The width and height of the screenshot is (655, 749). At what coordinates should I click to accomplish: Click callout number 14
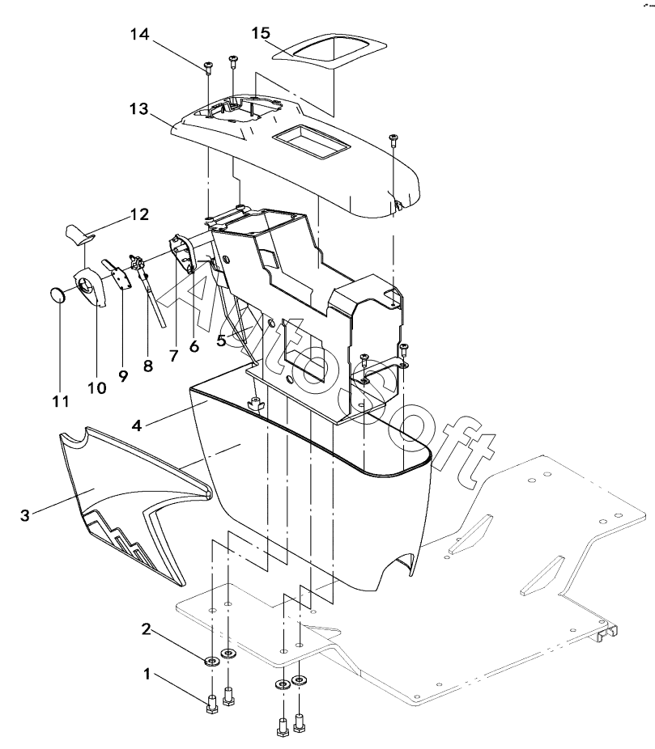coord(139,35)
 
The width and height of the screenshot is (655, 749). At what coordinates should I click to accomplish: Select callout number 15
coord(261,33)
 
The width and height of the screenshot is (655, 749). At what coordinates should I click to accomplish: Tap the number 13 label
coord(138,109)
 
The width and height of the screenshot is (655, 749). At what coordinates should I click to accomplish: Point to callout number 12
coord(139,214)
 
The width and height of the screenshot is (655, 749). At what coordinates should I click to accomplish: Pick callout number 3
coord(25,515)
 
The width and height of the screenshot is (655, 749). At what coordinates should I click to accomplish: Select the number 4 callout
coord(137,425)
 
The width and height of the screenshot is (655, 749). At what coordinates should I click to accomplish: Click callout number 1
coord(147,675)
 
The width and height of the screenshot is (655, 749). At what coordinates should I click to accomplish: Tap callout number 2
coord(146,629)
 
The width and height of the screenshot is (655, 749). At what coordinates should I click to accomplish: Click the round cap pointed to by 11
coord(57,294)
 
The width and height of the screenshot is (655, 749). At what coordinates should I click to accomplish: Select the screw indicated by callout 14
coord(208,67)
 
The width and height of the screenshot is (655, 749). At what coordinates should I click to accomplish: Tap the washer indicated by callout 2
coord(211,662)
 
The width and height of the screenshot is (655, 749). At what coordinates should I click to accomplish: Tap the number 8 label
coord(147,366)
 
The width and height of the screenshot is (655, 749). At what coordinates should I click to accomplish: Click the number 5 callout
coord(221,341)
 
